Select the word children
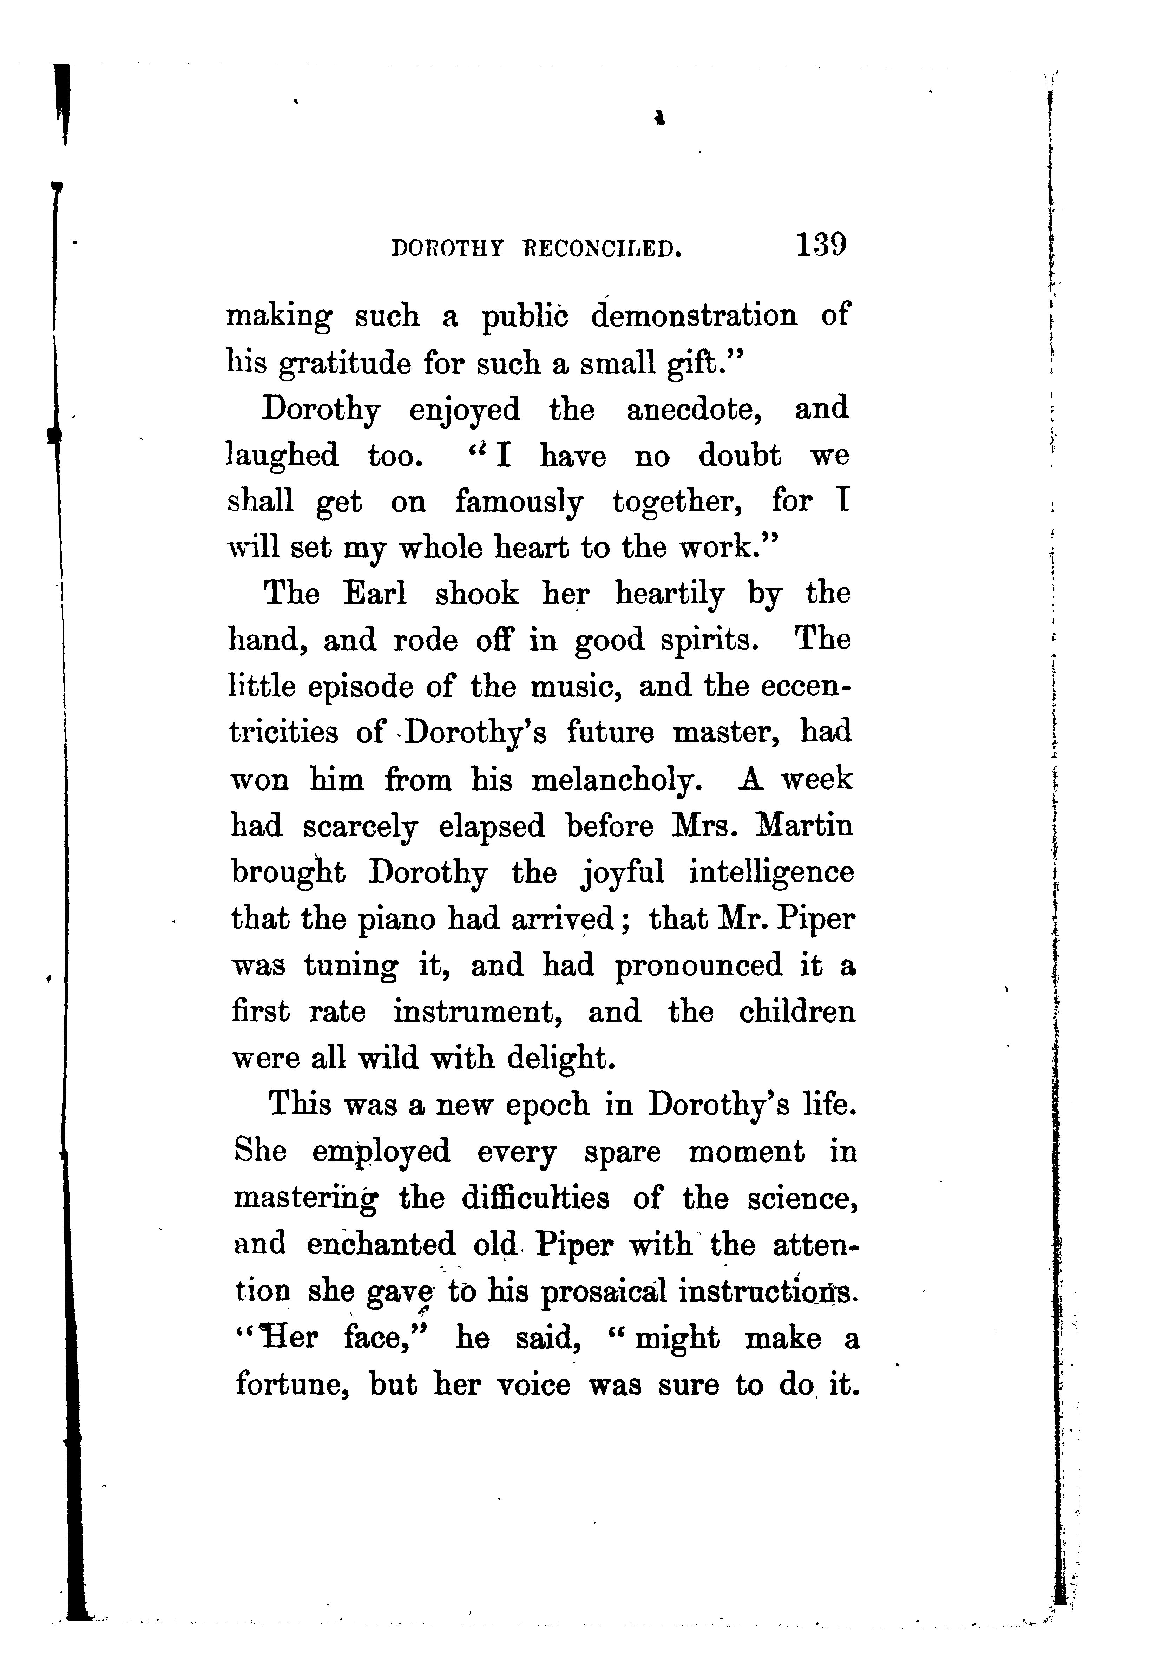click(x=797, y=1012)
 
